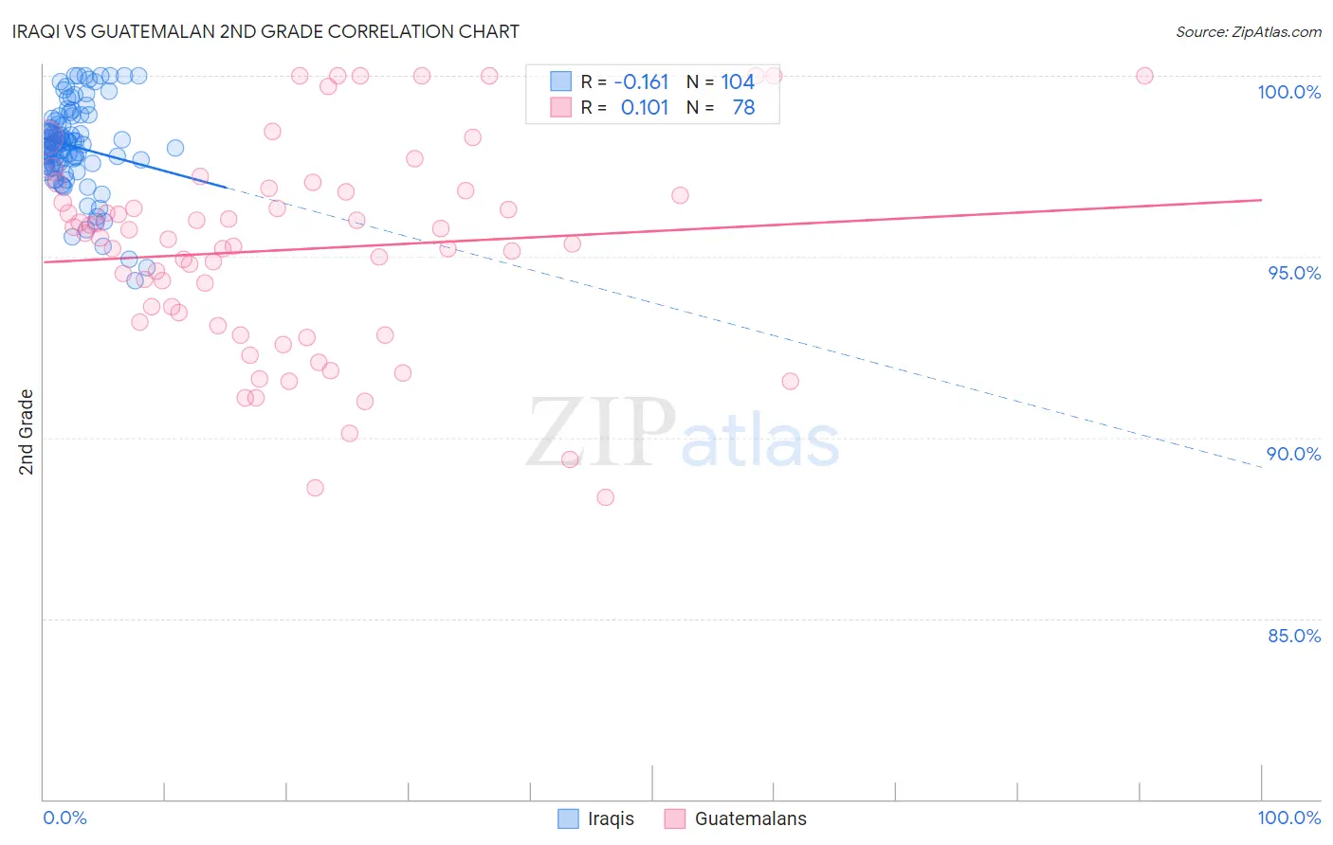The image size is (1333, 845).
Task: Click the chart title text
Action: [x=267, y=31]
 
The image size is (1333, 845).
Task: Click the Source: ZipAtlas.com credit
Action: [x=1248, y=31]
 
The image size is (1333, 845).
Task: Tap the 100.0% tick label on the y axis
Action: [x=1288, y=92]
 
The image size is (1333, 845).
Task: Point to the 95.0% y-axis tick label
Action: [x=1293, y=273]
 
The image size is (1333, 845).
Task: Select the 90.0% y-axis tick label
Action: [x=1293, y=454]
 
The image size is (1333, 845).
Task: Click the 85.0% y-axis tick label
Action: [x=1293, y=636]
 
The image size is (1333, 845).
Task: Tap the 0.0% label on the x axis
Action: [x=64, y=818]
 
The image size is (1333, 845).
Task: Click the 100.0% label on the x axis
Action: [x=1288, y=818]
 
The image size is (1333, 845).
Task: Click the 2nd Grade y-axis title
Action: [x=27, y=432]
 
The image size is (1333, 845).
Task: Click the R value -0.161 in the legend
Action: [x=641, y=82]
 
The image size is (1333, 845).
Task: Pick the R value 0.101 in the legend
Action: [x=645, y=108]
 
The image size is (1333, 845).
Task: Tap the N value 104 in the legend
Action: [x=738, y=82]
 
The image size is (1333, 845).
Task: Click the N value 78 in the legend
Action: [x=743, y=108]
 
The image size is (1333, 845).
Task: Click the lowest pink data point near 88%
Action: [x=605, y=497]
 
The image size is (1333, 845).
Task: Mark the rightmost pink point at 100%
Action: [x=1144, y=76]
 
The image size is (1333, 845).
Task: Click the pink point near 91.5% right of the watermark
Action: [x=790, y=381]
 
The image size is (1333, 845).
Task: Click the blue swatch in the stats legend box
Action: [x=561, y=81]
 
